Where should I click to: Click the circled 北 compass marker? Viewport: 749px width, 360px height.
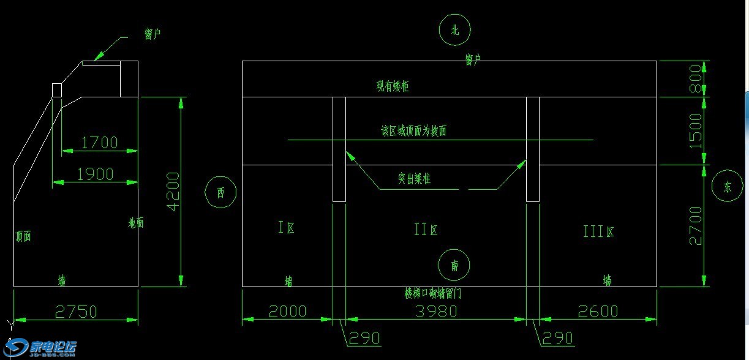(x=454, y=31)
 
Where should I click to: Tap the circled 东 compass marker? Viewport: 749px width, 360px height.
(x=727, y=187)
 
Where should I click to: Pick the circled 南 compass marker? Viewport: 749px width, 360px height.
(x=454, y=265)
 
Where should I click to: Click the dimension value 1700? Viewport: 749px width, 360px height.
(x=99, y=143)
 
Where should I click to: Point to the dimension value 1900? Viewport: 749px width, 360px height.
(x=96, y=174)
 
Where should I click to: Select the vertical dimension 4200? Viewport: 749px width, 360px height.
(x=173, y=192)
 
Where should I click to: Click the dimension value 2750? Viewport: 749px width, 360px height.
(x=76, y=312)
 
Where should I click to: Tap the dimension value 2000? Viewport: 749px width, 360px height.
(x=288, y=311)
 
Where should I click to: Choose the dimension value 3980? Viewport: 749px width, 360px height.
(x=436, y=311)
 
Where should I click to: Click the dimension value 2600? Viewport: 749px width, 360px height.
(x=598, y=311)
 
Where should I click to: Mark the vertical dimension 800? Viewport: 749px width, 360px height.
(x=696, y=79)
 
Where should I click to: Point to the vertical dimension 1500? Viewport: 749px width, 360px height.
(x=696, y=130)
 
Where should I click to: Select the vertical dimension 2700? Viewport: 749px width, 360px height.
(x=696, y=225)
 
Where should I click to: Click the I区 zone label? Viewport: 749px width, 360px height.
(x=286, y=228)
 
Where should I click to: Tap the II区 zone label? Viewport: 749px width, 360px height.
(x=426, y=230)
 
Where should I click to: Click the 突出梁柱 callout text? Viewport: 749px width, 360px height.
(x=414, y=179)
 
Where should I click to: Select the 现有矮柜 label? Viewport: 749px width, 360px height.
(x=393, y=86)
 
